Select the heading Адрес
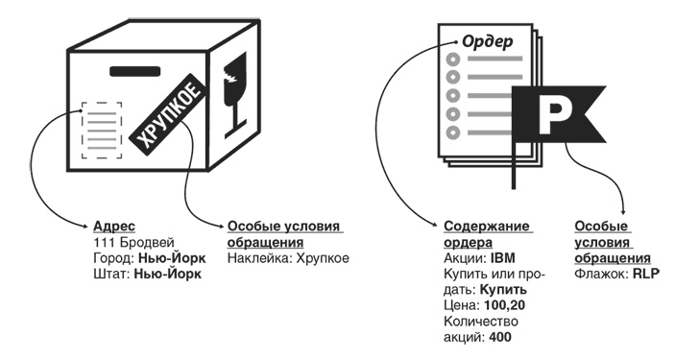coord(108,226)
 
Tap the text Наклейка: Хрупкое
coord(288,257)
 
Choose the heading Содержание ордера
coord(488,233)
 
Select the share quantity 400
coord(499,336)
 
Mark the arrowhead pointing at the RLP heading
coord(625,210)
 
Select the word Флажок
coord(595,274)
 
